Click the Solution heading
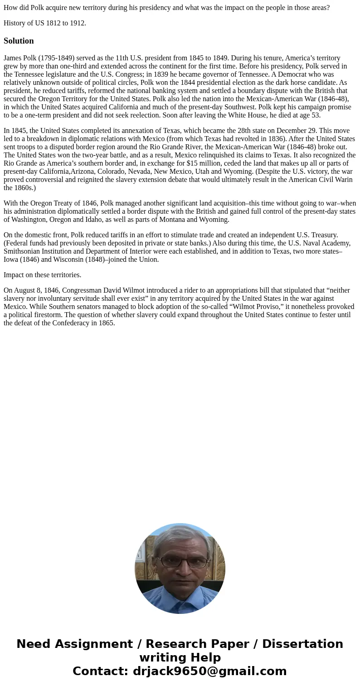tap(19, 41)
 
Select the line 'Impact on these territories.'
tap(43, 275)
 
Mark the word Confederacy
tap(65, 323)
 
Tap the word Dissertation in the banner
tap(302, 644)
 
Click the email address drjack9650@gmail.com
tap(209, 671)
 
